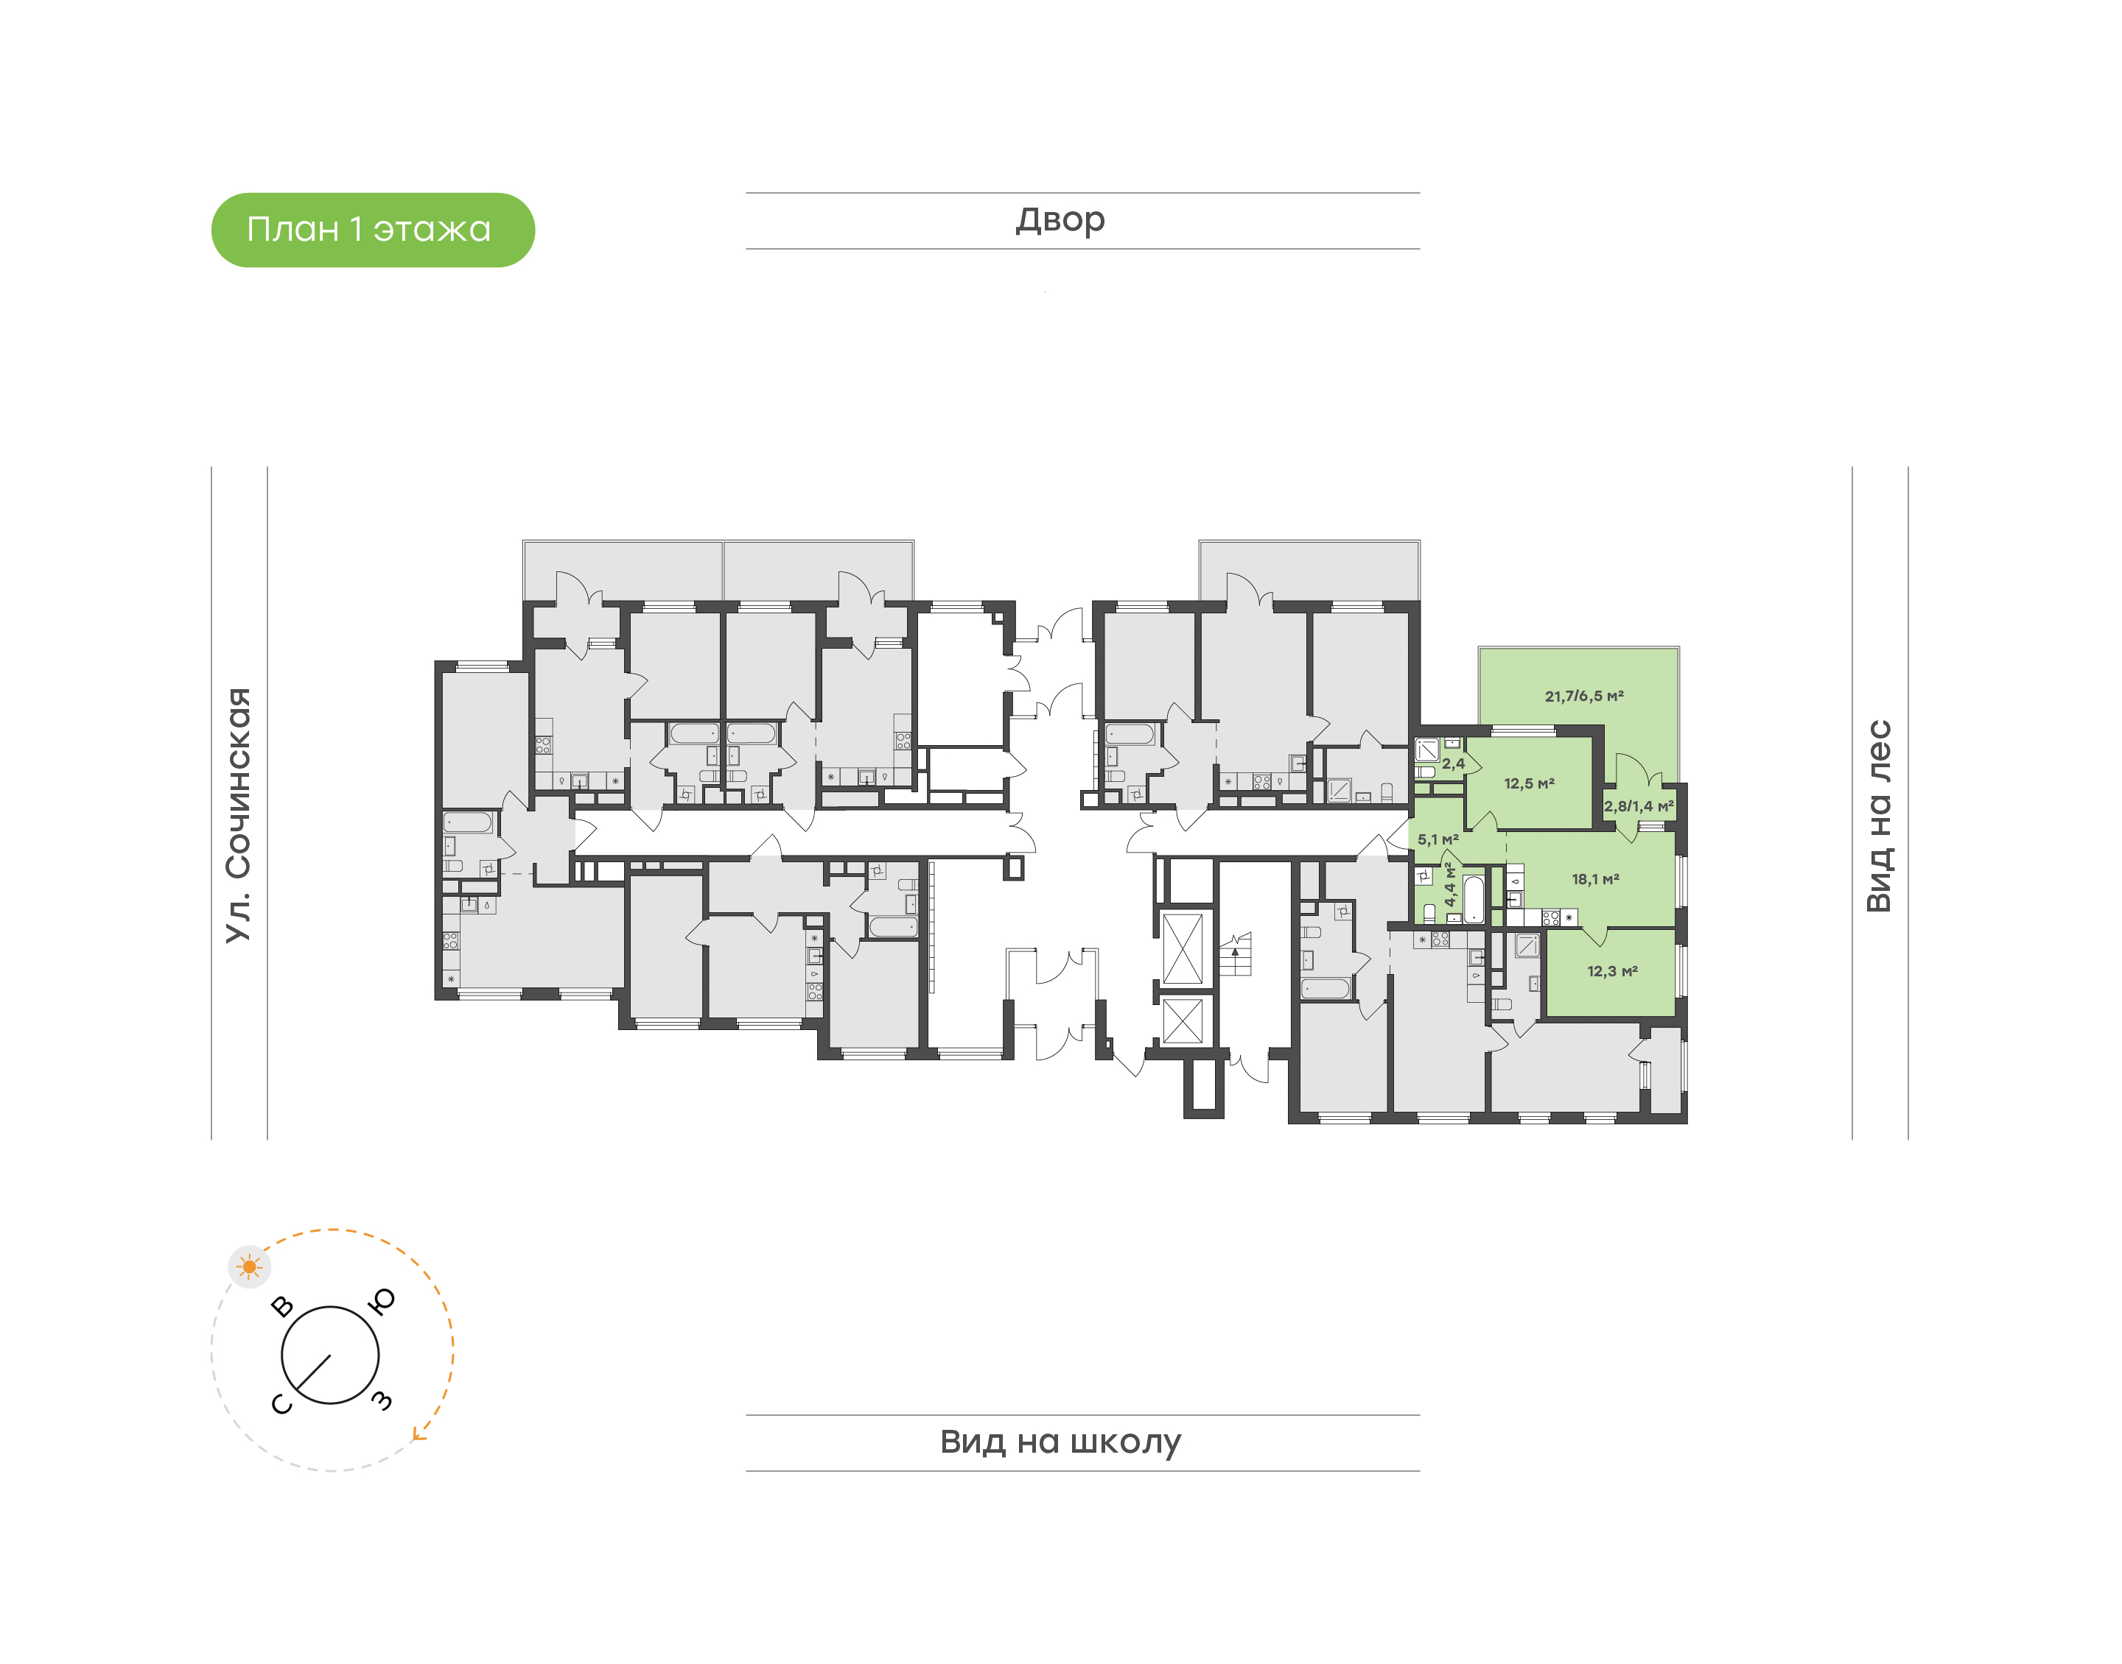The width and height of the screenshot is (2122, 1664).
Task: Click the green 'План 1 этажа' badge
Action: tap(372, 230)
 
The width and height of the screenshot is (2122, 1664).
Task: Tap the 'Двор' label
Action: tap(1060, 220)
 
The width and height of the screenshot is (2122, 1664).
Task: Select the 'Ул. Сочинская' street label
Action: tap(239, 814)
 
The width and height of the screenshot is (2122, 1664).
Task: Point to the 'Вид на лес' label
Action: tap(1878, 817)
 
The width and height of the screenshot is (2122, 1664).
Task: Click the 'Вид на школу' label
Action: tap(1060, 1441)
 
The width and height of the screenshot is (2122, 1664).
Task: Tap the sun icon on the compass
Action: tap(250, 1266)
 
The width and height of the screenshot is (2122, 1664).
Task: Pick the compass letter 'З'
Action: tap(382, 1401)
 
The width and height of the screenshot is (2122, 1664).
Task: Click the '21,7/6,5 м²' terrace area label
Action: tap(1584, 696)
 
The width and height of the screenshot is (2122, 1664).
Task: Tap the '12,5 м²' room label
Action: tap(1528, 783)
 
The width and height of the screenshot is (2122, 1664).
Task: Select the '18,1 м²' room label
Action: tap(1596, 879)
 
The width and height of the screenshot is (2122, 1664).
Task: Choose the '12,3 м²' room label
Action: tap(1612, 971)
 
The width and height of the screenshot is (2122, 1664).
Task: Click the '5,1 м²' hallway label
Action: tap(1438, 839)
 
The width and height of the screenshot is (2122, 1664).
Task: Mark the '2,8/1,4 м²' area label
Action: tap(1639, 805)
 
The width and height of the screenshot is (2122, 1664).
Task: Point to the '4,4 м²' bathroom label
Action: tap(1451, 884)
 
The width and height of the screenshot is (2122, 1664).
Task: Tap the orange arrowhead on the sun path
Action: tap(419, 1433)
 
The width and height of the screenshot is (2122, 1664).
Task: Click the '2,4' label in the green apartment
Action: tap(1453, 764)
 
